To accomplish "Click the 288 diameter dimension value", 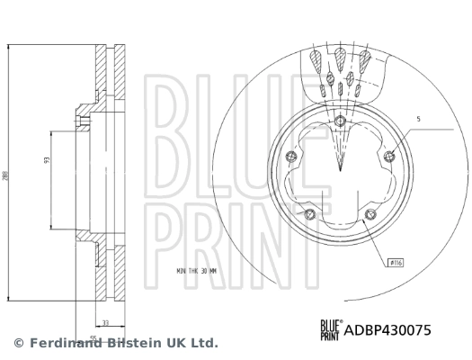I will (x=7, y=176).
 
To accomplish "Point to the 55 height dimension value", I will (x=93, y=338).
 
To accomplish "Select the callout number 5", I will (x=417, y=119).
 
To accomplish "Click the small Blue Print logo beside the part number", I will (x=329, y=329).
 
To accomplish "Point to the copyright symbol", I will (x=18, y=343).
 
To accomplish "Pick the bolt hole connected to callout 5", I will (x=388, y=158).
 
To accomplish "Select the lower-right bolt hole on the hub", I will (x=370, y=213).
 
